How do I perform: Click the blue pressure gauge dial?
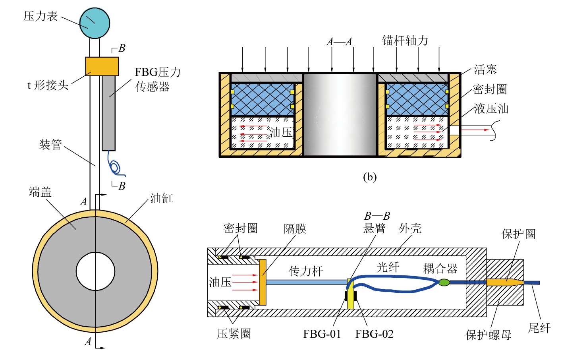point(95,23)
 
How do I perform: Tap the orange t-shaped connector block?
point(102,66)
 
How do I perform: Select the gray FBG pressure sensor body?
point(108,113)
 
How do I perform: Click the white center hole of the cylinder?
point(95,271)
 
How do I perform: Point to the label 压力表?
point(41,16)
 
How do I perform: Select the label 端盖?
point(40,192)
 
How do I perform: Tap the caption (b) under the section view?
point(370,177)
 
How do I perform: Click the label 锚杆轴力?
point(405,41)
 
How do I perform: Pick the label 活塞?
point(485,70)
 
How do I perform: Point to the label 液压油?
point(491,108)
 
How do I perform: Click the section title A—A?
point(339,42)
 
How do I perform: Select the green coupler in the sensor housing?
point(444,283)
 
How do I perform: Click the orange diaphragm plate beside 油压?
point(263,282)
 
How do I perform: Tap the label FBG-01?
point(322,334)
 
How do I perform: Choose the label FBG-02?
point(374,334)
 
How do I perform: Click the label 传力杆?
point(305,271)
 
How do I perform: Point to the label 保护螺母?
point(488,335)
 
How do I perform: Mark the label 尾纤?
point(539,328)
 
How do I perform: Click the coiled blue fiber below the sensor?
point(115,167)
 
